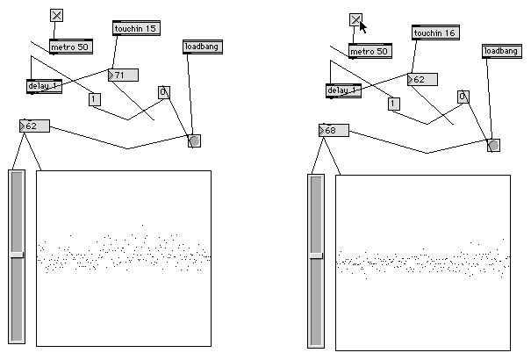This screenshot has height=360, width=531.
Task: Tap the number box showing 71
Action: point(122,75)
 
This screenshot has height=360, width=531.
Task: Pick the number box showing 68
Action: point(334,131)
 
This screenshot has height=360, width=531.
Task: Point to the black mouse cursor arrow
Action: point(363,25)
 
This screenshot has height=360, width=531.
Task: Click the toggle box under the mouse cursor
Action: point(355,19)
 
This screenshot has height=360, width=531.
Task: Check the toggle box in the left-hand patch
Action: point(56,15)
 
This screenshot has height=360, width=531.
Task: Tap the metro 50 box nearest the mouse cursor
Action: point(370,51)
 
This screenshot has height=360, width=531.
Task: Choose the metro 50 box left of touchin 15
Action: point(70,47)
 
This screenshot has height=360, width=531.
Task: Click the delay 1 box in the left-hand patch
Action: point(44,86)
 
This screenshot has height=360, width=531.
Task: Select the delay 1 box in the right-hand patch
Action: point(343,90)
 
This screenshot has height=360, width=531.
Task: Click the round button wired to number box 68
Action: point(493,145)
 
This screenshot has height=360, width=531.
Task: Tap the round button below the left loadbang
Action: point(194,140)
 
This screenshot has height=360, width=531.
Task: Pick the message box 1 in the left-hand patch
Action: point(94,99)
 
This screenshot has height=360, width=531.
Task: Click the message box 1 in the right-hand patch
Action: point(393,104)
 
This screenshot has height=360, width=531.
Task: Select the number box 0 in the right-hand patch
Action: point(463,97)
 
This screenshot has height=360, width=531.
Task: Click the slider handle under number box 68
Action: point(316,256)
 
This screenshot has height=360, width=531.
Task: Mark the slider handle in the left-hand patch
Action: point(17,254)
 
